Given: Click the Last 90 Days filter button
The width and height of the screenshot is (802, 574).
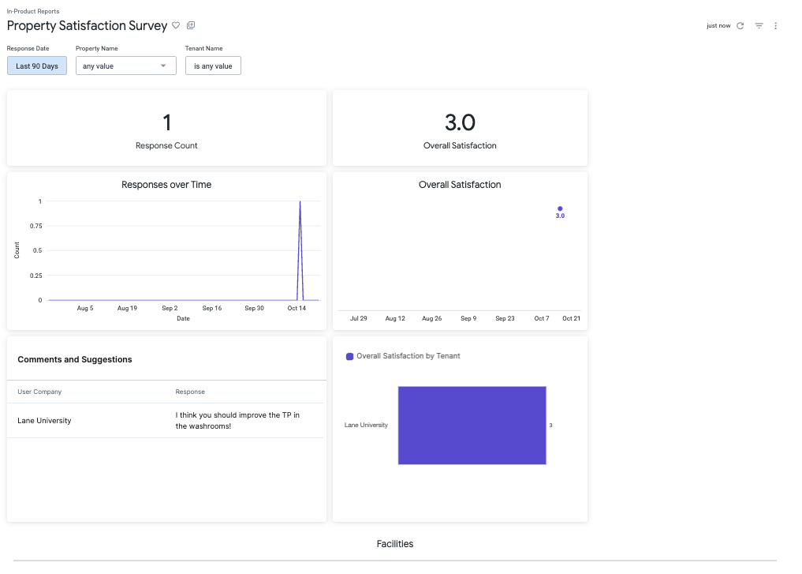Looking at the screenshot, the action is coord(37,66).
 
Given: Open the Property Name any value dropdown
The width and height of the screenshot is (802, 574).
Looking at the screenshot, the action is coord(125,66).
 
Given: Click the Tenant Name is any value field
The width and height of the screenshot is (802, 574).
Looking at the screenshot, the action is coord(213,66).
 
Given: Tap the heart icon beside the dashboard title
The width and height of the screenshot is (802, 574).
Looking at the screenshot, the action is coord(176,25).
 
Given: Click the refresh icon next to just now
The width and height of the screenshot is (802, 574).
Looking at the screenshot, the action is coord(740,26).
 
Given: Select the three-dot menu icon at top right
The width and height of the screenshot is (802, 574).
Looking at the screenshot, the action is coord(775,26).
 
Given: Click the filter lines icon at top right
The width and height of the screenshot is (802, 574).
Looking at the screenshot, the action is coord(759,26).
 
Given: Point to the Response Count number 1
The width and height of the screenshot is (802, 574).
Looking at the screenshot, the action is coord(166,122).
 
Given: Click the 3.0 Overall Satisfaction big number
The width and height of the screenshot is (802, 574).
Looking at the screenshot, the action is coord(460,122).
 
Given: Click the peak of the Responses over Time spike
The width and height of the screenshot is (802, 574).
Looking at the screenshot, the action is coord(300,202).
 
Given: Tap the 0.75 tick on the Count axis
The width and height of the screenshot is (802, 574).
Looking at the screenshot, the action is coord(35,226).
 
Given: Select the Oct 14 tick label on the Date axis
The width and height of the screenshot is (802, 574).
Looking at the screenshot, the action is coord(297,308).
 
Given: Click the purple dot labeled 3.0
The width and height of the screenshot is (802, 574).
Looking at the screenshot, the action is coord(560,208).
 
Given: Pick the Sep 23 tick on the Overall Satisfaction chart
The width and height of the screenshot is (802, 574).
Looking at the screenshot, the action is coord(505,318).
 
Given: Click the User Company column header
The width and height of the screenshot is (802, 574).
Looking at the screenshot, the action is coord(39,392).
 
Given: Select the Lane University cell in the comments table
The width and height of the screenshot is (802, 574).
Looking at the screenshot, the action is coord(44,421).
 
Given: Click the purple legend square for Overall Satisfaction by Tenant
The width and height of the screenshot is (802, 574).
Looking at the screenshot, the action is coord(350,356).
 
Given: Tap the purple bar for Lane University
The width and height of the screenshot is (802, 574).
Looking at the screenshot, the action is coord(472,425).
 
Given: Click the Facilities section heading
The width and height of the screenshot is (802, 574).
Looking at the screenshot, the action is coord(394,544).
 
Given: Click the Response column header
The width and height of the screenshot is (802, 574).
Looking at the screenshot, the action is coord(190,392).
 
